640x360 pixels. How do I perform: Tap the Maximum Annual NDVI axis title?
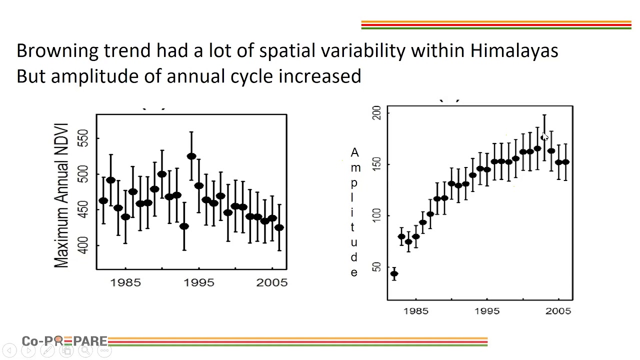(x=61, y=194)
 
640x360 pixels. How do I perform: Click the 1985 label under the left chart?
(x=125, y=282)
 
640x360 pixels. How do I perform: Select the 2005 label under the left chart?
(x=272, y=282)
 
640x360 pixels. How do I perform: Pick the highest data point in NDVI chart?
(x=191, y=156)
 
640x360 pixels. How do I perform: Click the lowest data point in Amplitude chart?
(x=394, y=273)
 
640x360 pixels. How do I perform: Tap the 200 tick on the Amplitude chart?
(x=377, y=112)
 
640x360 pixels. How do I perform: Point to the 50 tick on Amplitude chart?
(x=377, y=267)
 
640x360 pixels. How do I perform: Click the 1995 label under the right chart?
(x=487, y=311)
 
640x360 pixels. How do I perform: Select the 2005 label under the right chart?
(x=558, y=311)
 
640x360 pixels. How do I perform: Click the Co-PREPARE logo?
(x=64, y=341)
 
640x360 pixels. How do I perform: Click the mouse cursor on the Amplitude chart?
(x=544, y=137)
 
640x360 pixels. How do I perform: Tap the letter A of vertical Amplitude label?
(x=354, y=152)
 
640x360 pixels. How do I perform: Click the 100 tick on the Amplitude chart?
(x=377, y=215)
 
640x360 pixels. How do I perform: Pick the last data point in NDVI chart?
(x=279, y=227)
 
